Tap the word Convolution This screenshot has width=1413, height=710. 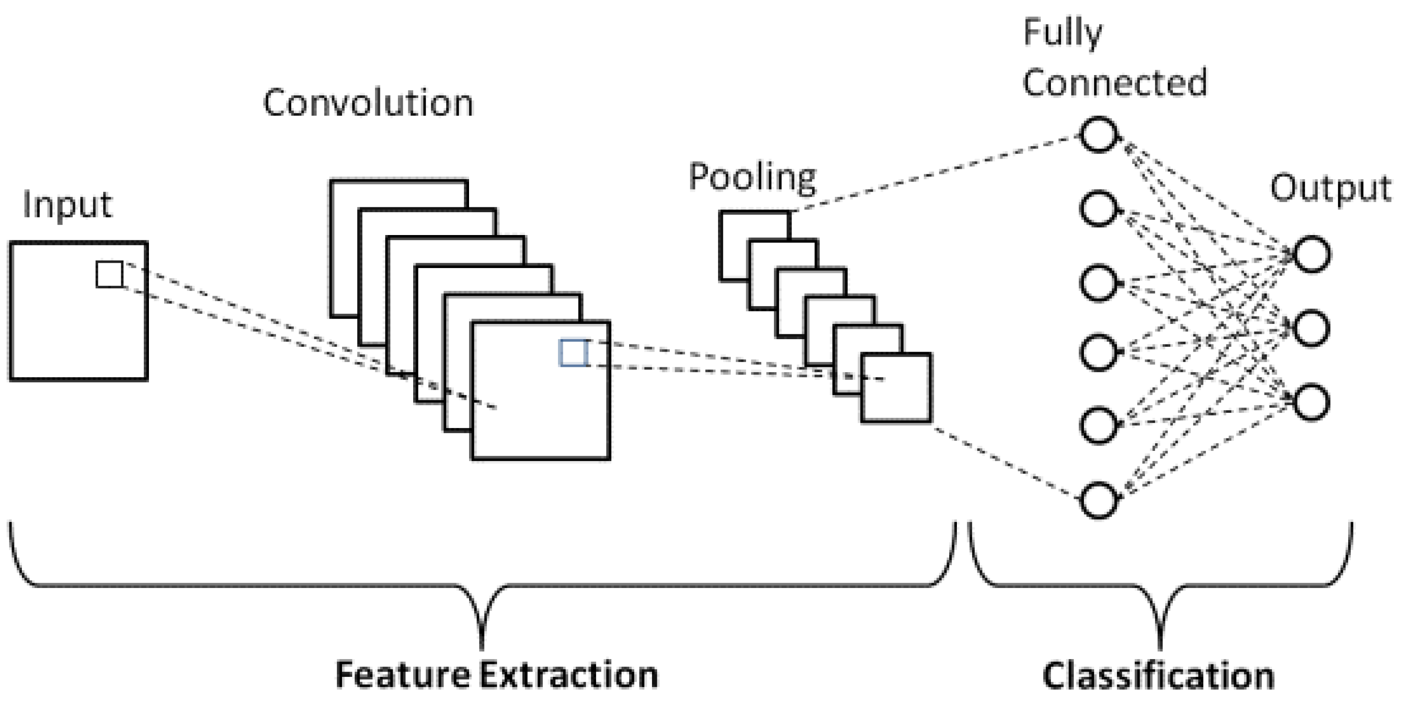(x=368, y=103)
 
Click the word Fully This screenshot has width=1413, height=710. (x=1062, y=33)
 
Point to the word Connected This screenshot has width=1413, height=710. (x=1115, y=83)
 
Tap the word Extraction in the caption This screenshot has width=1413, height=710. (x=569, y=675)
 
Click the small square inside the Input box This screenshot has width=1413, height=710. (x=109, y=275)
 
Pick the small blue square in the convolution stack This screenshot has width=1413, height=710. (x=573, y=353)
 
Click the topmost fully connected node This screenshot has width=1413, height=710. (x=1098, y=134)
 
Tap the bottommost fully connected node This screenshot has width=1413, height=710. (x=1098, y=500)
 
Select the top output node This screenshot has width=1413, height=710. (x=1311, y=254)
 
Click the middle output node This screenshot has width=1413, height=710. (x=1311, y=328)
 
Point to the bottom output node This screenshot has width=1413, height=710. (x=1311, y=403)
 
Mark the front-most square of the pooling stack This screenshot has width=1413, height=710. (x=896, y=388)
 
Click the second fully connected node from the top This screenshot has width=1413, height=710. (x=1098, y=208)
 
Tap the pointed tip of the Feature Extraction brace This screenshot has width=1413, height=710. (x=482, y=647)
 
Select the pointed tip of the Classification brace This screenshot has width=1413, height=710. (x=1160, y=647)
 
